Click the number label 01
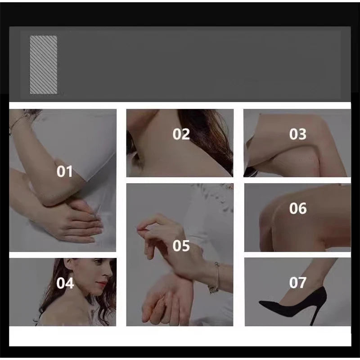[64, 171]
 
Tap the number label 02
[181, 134]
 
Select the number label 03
[298, 134]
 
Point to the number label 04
[65, 283]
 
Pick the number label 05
[181, 246]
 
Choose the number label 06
[298, 208]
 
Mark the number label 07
[298, 283]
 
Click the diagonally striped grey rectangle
[43, 65]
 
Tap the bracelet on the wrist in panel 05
[216, 278]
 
